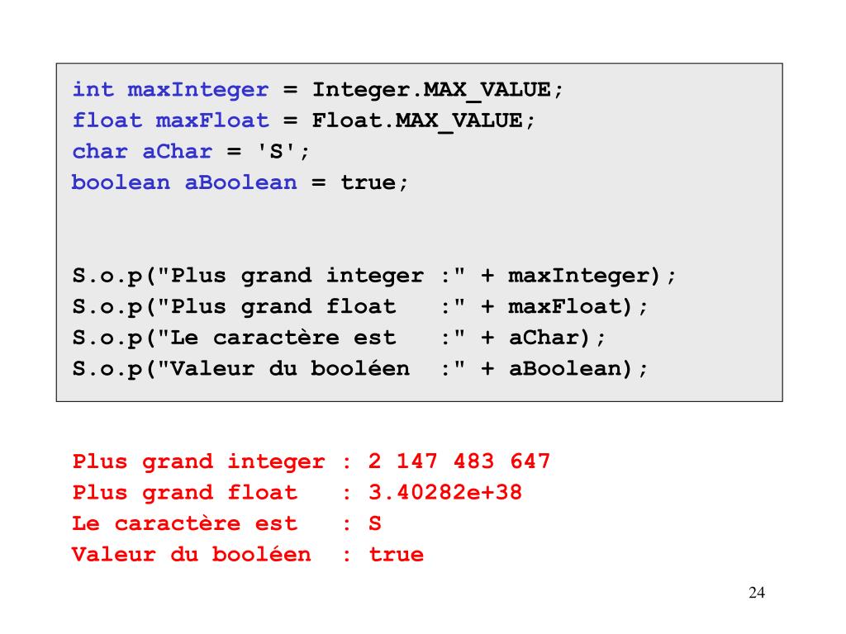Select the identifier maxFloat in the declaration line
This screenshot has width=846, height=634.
212,121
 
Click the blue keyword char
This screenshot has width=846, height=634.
100,152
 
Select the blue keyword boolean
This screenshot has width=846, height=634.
121,182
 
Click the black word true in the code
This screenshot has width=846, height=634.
368,182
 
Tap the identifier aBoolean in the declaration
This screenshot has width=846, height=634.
240,182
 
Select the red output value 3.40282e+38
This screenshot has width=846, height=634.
445,493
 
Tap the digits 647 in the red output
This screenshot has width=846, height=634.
530,461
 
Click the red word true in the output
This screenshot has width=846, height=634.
396,555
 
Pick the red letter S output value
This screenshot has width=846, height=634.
374,523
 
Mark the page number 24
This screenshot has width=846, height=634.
756,593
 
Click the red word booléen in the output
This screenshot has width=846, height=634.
262,555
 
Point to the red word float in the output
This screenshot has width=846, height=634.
262,493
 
